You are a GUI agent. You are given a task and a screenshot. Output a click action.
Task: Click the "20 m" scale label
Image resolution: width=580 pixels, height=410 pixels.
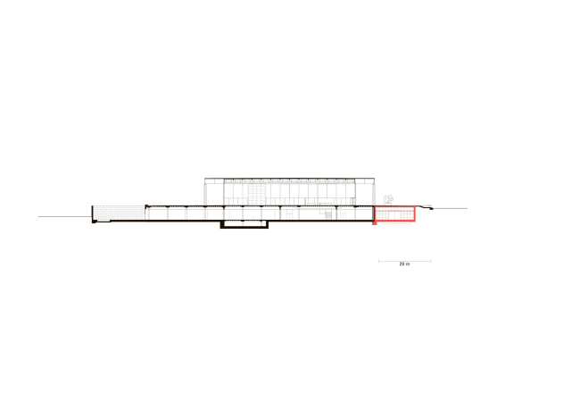click(x=404, y=264)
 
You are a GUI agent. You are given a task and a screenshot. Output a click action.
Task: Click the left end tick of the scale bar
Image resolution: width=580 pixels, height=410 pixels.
click(x=378, y=261)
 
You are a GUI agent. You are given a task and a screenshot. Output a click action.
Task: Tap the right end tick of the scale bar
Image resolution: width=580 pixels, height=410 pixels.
click(x=431, y=261)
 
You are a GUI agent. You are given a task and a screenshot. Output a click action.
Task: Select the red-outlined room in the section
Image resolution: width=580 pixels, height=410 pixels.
click(x=395, y=214)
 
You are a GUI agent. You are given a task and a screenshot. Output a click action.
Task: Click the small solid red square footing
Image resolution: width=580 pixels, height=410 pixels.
click(x=375, y=223)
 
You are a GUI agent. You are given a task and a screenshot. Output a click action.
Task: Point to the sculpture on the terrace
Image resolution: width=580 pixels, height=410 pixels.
click(x=388, y=200)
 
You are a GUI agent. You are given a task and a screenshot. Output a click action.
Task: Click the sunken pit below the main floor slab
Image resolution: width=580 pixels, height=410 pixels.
click(x=244, y=224)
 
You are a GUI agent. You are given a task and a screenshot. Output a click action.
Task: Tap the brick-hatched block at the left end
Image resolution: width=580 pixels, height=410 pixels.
click(x=119, y=213)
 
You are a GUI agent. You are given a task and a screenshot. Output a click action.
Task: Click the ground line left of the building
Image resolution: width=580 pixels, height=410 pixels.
click(x=65, y=217)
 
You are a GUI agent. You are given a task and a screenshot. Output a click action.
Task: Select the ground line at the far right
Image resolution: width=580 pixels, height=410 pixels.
click(x=450, y=208)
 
